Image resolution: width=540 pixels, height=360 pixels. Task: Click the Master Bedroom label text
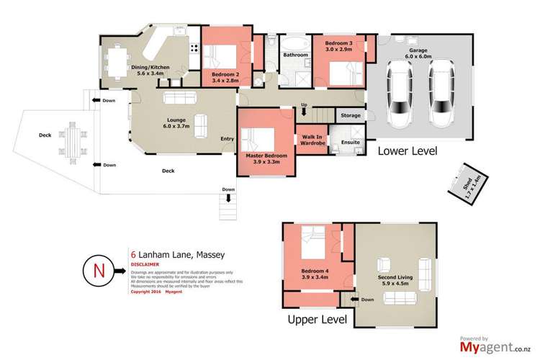(x=266, y=158)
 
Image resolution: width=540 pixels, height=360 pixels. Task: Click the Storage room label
(x=351, y=115)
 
